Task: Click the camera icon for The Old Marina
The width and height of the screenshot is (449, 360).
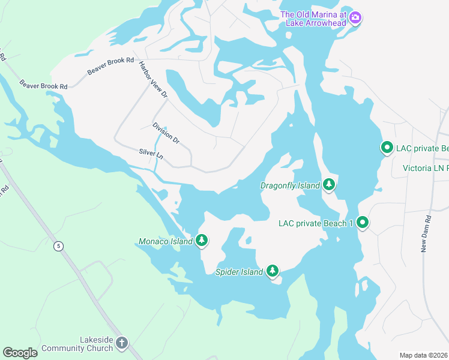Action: [355, 18]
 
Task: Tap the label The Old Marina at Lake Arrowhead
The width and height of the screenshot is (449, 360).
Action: [313, 18]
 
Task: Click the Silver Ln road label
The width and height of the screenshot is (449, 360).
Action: [151, 154]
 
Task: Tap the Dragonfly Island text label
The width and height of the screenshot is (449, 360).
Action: [290, 185]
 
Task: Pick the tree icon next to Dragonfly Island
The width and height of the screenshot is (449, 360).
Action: [328, 185]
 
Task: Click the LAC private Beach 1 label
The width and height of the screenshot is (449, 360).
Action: [316, 223]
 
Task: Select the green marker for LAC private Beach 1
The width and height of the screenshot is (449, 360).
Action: [363, 223]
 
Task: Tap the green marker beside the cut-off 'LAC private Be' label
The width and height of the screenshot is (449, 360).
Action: [387, 148]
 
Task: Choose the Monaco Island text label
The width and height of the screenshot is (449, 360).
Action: [165, 241]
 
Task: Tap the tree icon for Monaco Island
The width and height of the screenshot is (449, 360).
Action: [202, 241]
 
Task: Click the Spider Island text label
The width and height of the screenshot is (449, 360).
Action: [239, 272]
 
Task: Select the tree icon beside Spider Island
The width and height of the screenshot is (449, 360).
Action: [273, 271]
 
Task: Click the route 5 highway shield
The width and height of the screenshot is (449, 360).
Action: [58, 245]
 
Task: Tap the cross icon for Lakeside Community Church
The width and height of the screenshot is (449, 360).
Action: [122, 344]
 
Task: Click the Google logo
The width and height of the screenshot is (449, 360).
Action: [20, 353]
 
